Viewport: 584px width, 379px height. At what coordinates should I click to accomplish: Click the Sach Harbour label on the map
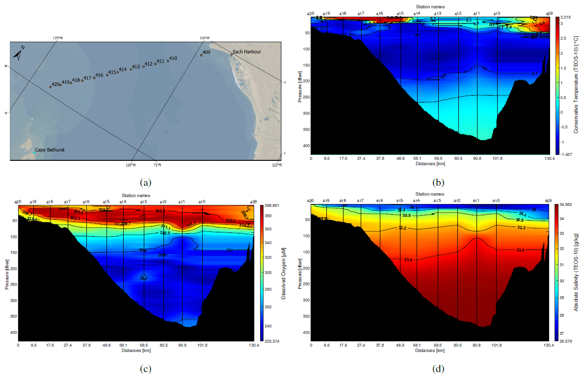(x=246, y=51)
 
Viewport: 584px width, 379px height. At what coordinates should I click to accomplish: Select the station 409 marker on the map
(x=201, y=55)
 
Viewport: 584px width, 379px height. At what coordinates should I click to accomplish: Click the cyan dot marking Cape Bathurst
(x=34, y=153)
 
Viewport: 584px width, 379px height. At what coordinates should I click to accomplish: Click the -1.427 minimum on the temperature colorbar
(x=566, y=154)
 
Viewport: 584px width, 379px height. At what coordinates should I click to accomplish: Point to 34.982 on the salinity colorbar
(x=566, y=204)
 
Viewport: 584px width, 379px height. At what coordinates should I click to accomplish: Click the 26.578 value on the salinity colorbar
(x=566, y=341)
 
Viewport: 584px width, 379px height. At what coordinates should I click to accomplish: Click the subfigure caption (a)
(x=145, y=182)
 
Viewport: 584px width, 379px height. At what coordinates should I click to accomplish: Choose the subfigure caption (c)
(x=145, y=369)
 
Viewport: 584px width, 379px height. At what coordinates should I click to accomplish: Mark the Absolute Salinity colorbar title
(x=577, y=272)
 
